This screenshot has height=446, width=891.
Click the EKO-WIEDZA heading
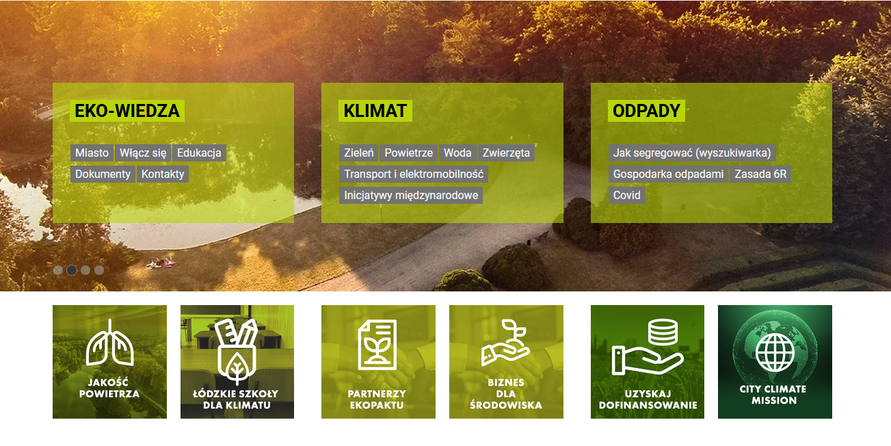click(127, 111)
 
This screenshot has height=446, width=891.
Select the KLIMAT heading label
click(375, 111)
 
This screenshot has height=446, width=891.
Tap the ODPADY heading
click(646, 111)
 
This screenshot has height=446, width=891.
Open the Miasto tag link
click(92, 153)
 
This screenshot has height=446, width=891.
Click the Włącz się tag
click(143, 153)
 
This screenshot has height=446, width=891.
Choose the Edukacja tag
click(199, 153)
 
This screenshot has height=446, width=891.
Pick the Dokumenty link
click(103, 174)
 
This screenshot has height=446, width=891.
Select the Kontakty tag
click(163, 174)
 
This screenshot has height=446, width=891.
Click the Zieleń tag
click(359, 153)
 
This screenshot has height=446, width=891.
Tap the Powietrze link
click(408, 153)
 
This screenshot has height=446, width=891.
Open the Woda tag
click(457, 153)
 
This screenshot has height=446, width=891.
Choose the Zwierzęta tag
click(506, 153)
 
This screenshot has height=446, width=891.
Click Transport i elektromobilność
click(414, 174)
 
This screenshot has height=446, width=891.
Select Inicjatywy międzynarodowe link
click(411, 196)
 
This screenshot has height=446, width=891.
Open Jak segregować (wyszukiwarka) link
click(692, 153)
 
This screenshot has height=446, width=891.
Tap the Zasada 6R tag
click(760, 174)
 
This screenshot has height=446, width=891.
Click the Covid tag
click(626, 196)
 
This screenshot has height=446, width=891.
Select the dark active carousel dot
click(72, 270)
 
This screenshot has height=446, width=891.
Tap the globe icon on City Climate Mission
click(775, 352)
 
